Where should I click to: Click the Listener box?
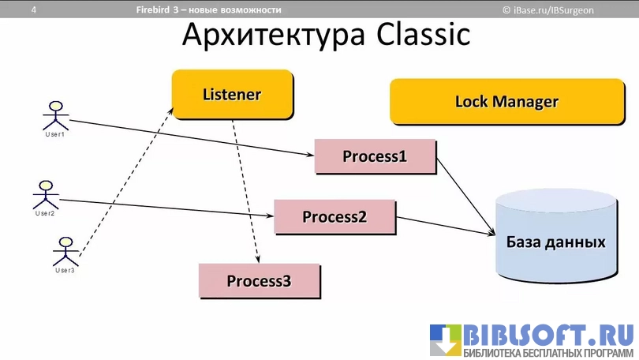pos(232,95)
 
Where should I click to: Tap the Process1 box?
pos(375,156)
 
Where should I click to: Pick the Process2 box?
pos(334,216)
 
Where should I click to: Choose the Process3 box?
pos(259,280)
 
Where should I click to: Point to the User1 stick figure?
pos(54,116)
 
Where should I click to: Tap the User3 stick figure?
pos(65,252)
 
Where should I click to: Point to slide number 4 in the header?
pos(34,10)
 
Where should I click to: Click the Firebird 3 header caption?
pos(208,10)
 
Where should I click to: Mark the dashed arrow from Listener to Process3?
pos(246,189)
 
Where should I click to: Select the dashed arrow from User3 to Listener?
pos(126,182)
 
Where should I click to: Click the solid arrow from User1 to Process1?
pos(189,136)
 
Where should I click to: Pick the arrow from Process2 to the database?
pos(446,226)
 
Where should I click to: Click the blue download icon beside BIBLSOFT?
pos(445,340)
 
